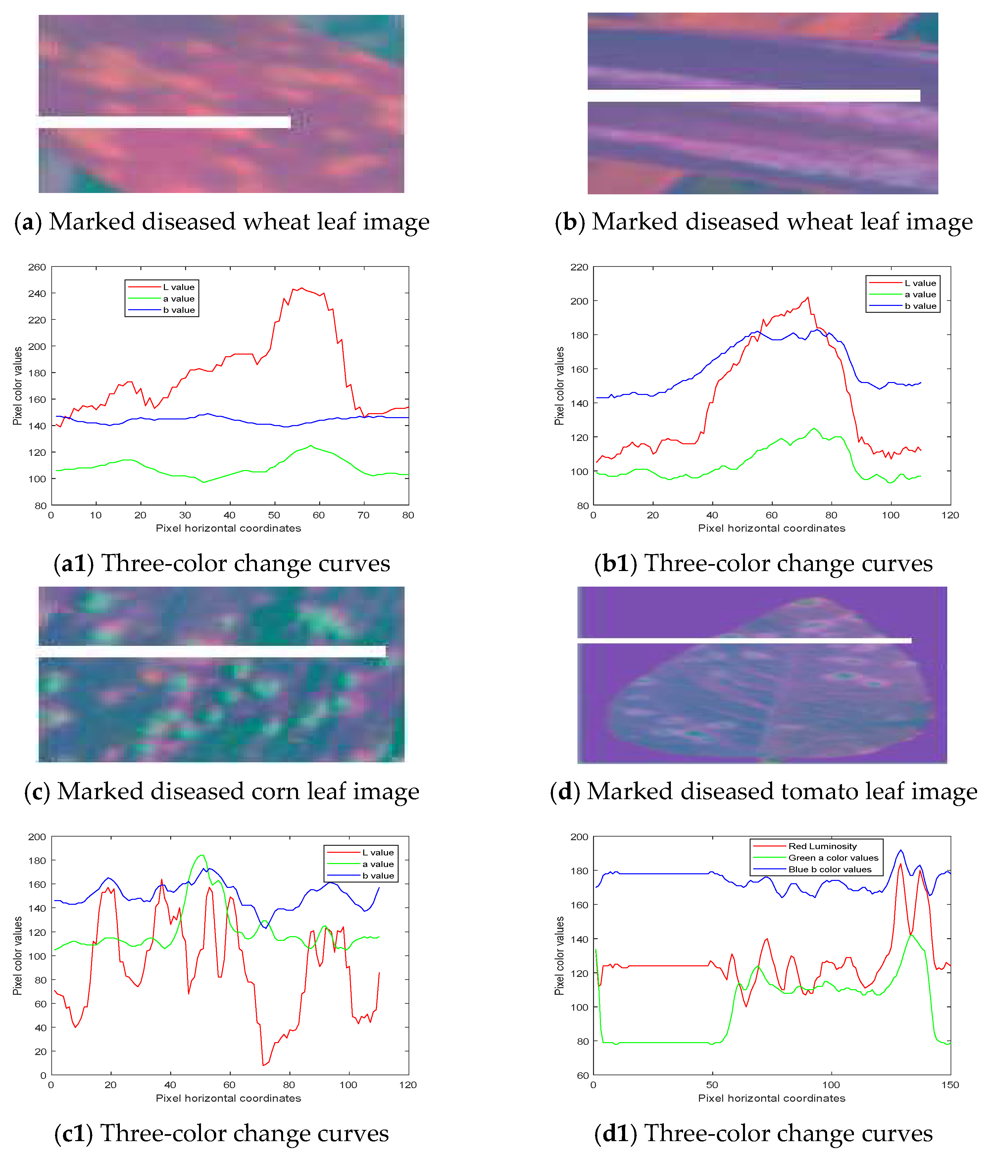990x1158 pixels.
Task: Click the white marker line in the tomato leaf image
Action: pyautogui.click(x=743, y=641)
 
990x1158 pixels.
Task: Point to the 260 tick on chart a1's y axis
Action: pyautogui.click(x=37, y=267)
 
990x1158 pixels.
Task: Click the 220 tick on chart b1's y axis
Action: pyautogui.click(x=579, y=267)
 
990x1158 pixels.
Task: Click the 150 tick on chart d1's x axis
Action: pyautogui.click(x=950, y=1085)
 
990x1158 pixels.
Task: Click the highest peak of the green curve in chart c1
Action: pyautogui.click(x=202, y=855)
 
